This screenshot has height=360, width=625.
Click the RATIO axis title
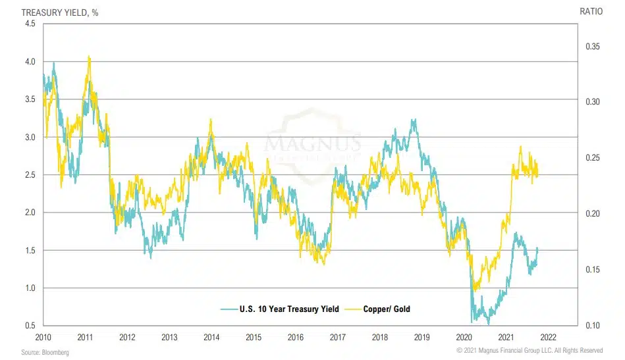pyautogui.click(x=591, y=11)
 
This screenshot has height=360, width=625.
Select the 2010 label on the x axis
pyautogui.click(x=43, y=337)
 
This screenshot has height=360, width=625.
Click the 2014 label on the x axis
pyautogui.click(x=211, y=337)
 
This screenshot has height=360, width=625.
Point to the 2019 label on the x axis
pyautogui.click(x=421, y=337)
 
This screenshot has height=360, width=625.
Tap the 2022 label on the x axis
pyautogui.click(x=548, y=337)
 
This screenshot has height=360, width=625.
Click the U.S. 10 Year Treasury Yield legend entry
pyautogui.click(x=280, y=309)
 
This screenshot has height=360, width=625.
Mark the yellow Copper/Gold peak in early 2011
pyautogui.click(x=89, y=57)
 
